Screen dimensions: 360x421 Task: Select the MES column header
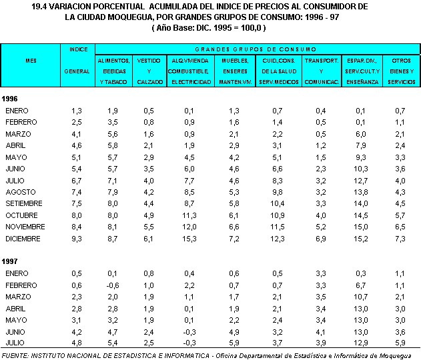(x=31, y=60)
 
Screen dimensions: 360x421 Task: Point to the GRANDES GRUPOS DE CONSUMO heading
(x=257, y=49)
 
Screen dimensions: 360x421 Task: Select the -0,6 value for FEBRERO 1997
(x=113, y=285)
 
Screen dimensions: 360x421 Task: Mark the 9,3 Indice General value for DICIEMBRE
(x=77, y=238)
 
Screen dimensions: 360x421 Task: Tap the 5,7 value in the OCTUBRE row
(x=400, y=215)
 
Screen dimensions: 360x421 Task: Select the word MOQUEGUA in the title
(x=141, y=17)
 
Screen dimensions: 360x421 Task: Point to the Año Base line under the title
(x=210, y=28)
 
